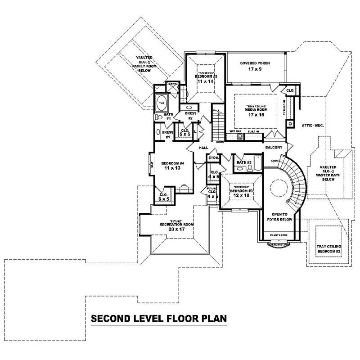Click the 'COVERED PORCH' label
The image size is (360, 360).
255,63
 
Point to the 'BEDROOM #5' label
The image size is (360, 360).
206,77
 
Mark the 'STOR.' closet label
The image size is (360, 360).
213,158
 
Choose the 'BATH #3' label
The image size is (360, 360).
243,162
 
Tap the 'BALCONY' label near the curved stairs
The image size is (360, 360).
274,148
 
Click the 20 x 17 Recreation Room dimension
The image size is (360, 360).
173,229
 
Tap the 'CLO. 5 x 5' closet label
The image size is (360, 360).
184,133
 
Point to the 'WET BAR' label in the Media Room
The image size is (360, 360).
236,131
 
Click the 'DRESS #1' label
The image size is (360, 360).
168,134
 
